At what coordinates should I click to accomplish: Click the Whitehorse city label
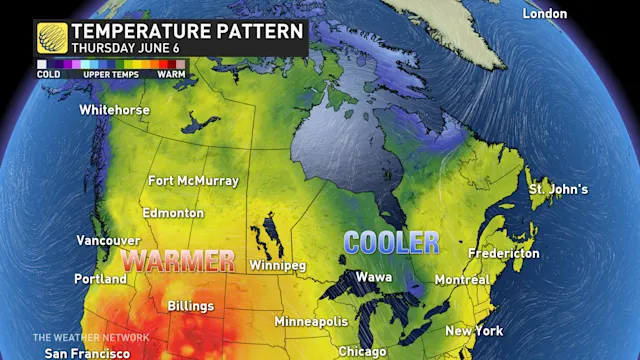tap(114, 109)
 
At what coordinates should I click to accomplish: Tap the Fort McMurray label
tap(193, 181)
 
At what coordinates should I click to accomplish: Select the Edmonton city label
tap(173, 213)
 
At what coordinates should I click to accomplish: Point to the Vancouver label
tap(108, 241)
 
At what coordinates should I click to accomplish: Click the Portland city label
tap(100, 279)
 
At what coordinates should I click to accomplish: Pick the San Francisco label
tap(86, 354)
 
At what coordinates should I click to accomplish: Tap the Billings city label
tap(190, 305)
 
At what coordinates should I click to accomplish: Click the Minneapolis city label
tap(311, 322)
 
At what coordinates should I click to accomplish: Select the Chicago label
tap(362, 352)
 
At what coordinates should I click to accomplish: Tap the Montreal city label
tap(462, 280)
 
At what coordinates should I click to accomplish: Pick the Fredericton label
tap(504, 254)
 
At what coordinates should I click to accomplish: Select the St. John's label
tap(558, 189)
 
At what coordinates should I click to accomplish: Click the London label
tap(545, 14)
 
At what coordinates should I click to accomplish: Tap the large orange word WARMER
tap(178, 261)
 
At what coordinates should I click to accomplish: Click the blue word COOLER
tap(391, 242)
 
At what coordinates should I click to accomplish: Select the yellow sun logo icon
tap(51, 38)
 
